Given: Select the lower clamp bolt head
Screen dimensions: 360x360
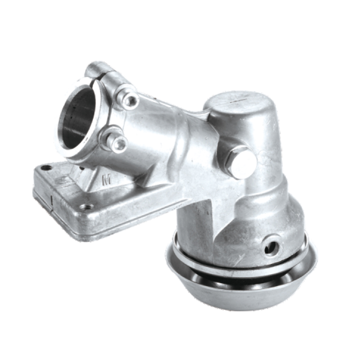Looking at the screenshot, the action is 120,144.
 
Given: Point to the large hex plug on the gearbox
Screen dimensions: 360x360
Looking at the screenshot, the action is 242,162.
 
